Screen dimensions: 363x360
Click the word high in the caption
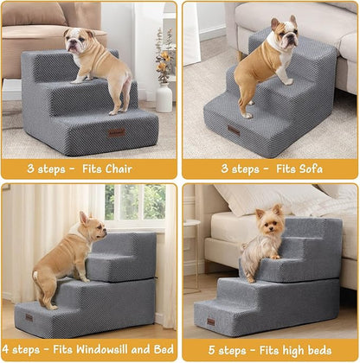tap(297, 351)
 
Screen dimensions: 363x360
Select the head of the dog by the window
tap(93, 227)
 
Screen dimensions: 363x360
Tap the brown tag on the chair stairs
tap(116, 131)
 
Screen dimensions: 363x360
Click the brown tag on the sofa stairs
tap(235, 130)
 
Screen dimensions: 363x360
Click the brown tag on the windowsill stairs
tap(29, 317)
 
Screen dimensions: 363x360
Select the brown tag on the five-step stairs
tap(210, 322)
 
